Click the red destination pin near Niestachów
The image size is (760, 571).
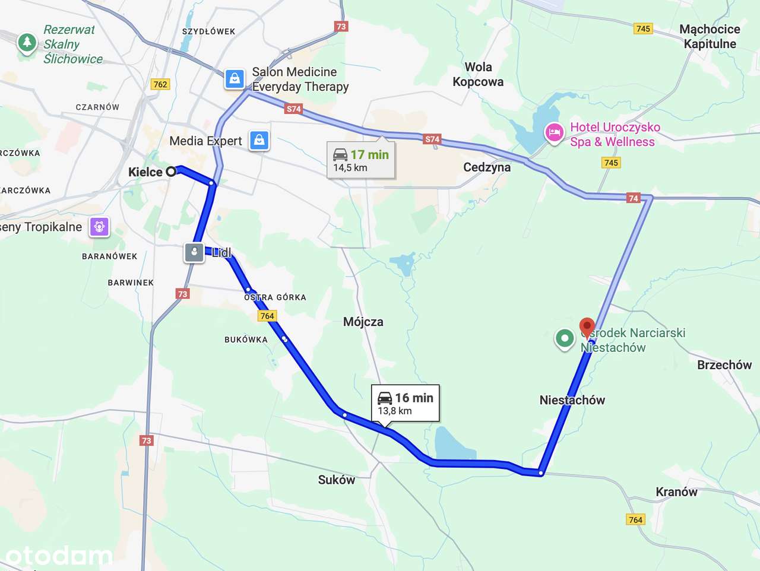coord(587,327)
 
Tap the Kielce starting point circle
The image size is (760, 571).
coord(171,172)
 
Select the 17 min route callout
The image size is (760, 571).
coord(361,160)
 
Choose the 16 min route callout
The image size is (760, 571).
coord(406,404)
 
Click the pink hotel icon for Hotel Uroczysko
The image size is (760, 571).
coord(554,133)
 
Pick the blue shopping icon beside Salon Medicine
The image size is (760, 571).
coord(235,78)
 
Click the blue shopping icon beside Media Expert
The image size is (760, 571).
coord(259,141)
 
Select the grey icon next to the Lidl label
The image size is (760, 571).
coord(194,252)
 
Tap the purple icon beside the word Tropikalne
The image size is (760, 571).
coord(99,227)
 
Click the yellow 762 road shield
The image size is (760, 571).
coord(160,84)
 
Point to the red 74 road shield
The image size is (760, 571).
coord(633,198)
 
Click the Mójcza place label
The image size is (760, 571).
coord(363,322)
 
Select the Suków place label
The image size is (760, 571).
coord(336,480)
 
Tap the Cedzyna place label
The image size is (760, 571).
coord(486,167)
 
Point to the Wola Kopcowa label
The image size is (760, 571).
coord(478,75)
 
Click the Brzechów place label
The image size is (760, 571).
coord(724,364)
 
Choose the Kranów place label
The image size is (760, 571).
coord(676,491)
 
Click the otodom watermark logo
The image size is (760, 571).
coord(58,556)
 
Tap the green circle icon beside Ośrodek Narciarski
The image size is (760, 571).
coord(565,338)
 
